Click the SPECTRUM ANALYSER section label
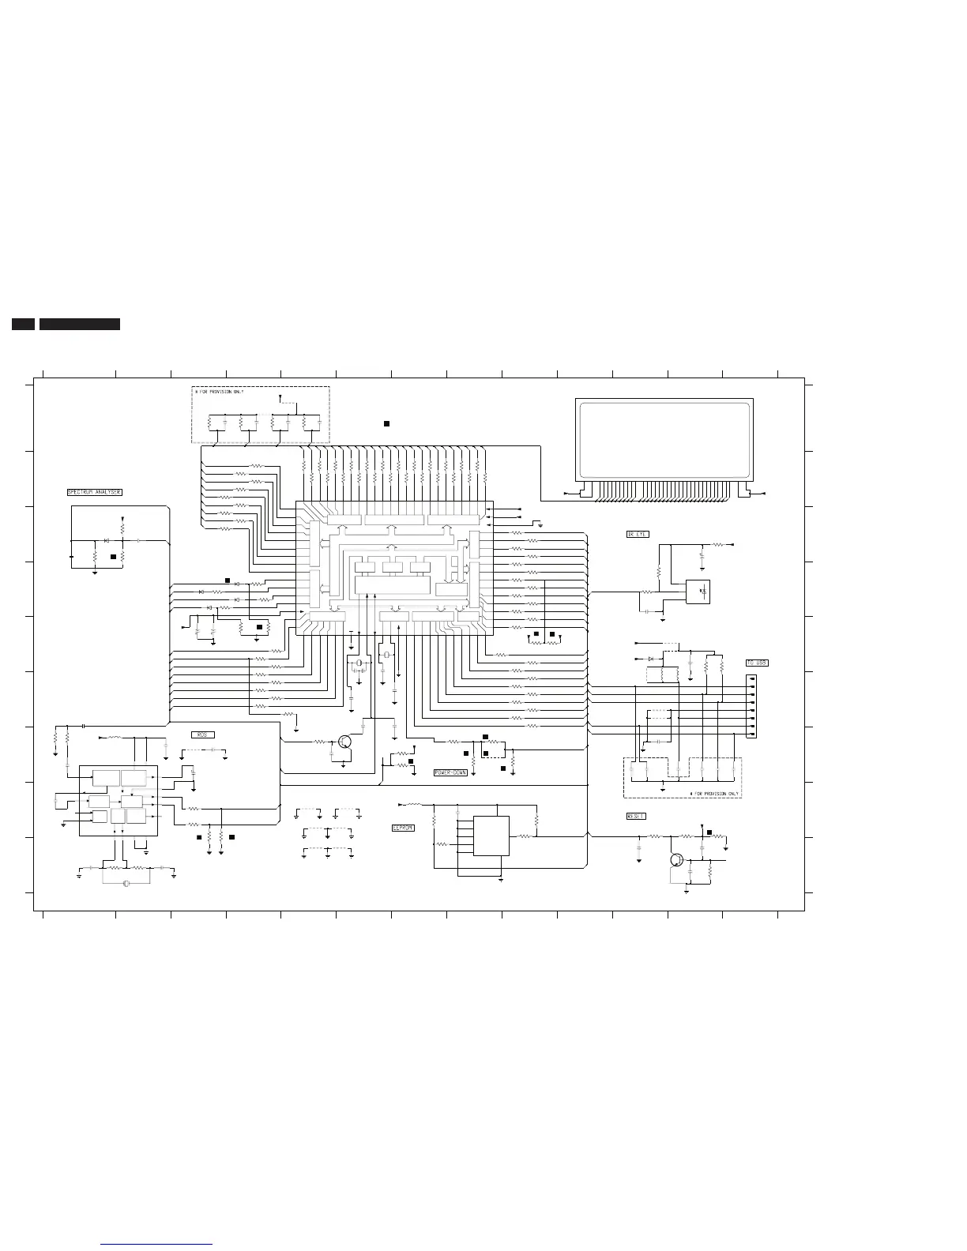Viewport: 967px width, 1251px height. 94,492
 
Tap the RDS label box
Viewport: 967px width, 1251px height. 202,734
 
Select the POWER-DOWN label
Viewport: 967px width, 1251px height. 450,772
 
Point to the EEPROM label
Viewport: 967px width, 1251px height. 403,828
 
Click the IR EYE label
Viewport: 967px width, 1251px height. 638,535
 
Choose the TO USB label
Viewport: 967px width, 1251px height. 756,663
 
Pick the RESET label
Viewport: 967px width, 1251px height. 636,817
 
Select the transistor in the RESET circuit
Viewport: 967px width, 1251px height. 676,860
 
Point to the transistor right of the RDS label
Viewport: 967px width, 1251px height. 344,742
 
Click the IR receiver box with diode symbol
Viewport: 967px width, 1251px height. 698,592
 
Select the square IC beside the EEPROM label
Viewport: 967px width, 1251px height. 491,835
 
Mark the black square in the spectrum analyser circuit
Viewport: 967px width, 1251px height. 114,557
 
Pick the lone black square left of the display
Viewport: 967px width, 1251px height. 386,424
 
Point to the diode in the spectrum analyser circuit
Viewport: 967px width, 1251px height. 106,541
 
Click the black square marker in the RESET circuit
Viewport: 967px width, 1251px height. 709,832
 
